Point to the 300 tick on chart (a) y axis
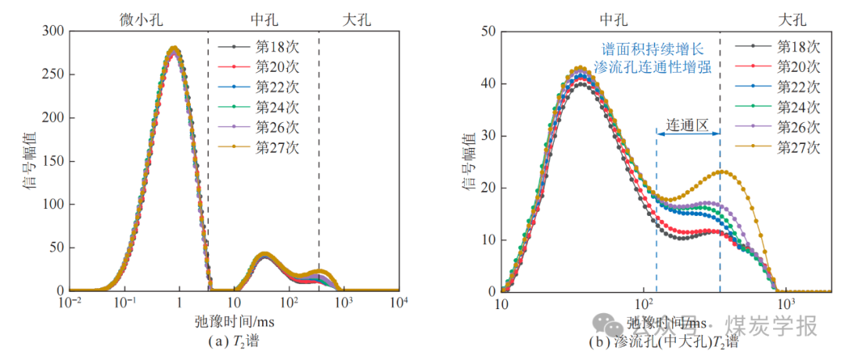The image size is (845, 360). click(x=53, y=32)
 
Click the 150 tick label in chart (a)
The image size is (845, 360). click(x=53, y=161)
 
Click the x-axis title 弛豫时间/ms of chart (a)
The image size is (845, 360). click(x=234, y=321)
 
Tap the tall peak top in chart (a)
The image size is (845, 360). click(x=174, y=49)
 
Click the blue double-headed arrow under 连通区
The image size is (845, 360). click(x=688, y=134)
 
